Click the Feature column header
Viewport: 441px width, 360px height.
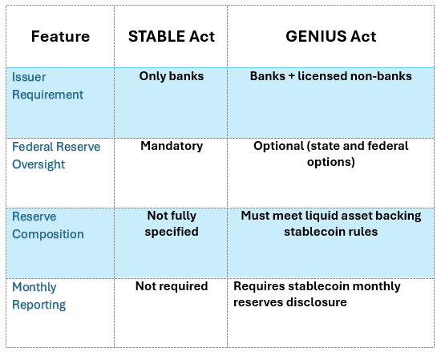[60, 37]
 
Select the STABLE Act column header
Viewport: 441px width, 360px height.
[172, 37]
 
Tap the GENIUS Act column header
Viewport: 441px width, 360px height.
[330, 37]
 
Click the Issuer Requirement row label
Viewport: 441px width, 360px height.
[47, 86]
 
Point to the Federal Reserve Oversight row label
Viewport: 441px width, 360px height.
[52, 156]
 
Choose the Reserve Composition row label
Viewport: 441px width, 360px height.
[47, 225]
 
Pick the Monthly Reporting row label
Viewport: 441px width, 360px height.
[38, 296]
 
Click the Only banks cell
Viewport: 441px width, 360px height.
[171, 77]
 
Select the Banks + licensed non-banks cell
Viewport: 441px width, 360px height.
[330, 77]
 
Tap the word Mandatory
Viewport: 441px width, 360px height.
[171, 147]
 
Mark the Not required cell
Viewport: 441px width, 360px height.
[171, 286]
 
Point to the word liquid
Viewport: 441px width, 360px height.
[322, 216]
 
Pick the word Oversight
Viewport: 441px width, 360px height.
[38, 164]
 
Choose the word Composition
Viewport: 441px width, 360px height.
[47, 234]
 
